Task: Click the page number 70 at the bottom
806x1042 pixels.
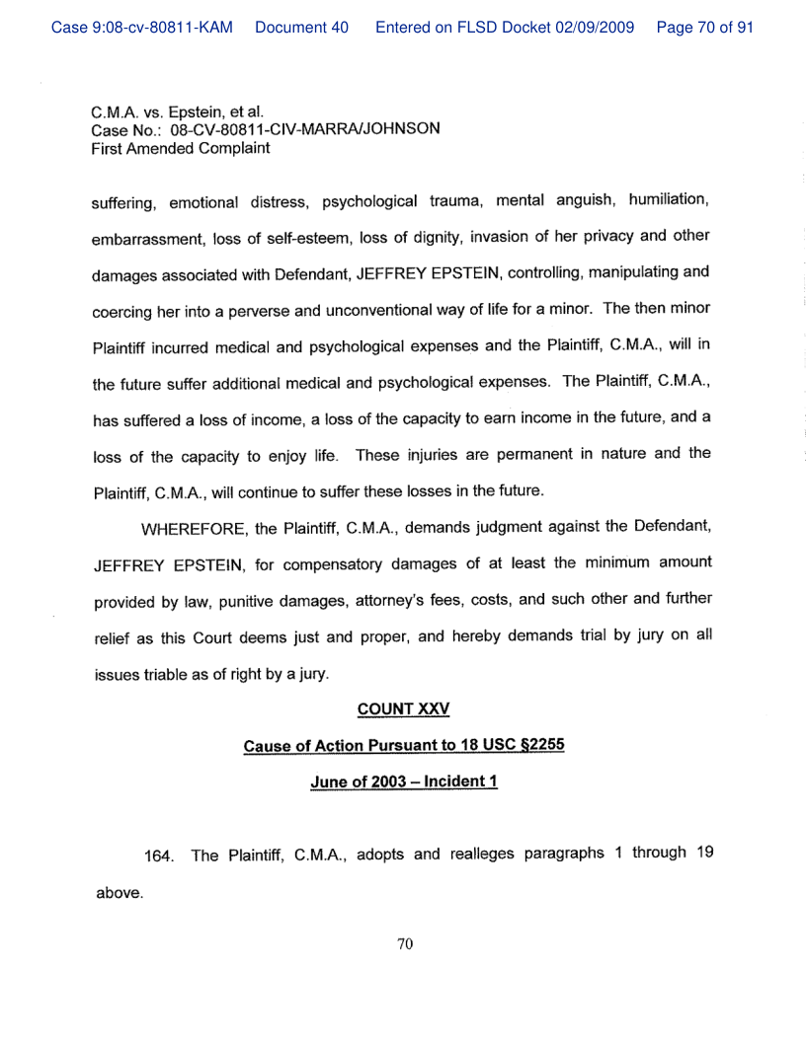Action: (403, 944)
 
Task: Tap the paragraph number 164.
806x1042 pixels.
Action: (159, 856)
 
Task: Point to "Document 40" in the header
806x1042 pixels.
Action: (301, 28)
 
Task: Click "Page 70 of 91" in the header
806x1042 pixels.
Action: (704, 28)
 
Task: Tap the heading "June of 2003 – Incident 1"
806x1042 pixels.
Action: (403, 781)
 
